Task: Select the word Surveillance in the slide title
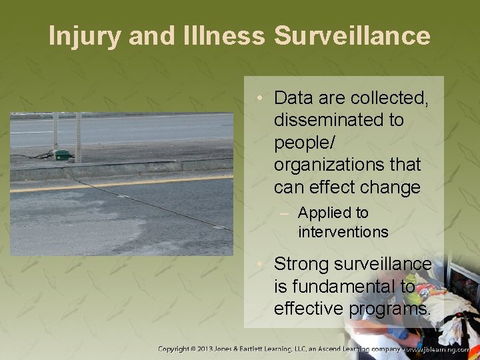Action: pyautogui.click(x=352, y=36)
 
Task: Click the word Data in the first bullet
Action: pyautogui.click(x=293, y=99)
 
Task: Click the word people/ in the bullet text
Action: pyautogui.click(x=304, y=143)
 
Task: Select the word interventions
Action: pyautogui.click(x=343, y=232)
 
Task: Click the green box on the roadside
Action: pyautogui.click(x=62, y=155)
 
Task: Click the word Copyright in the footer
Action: pyautogui.click(x=175, y=349)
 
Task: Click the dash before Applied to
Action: pyautogui.click(x=287, y=213)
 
